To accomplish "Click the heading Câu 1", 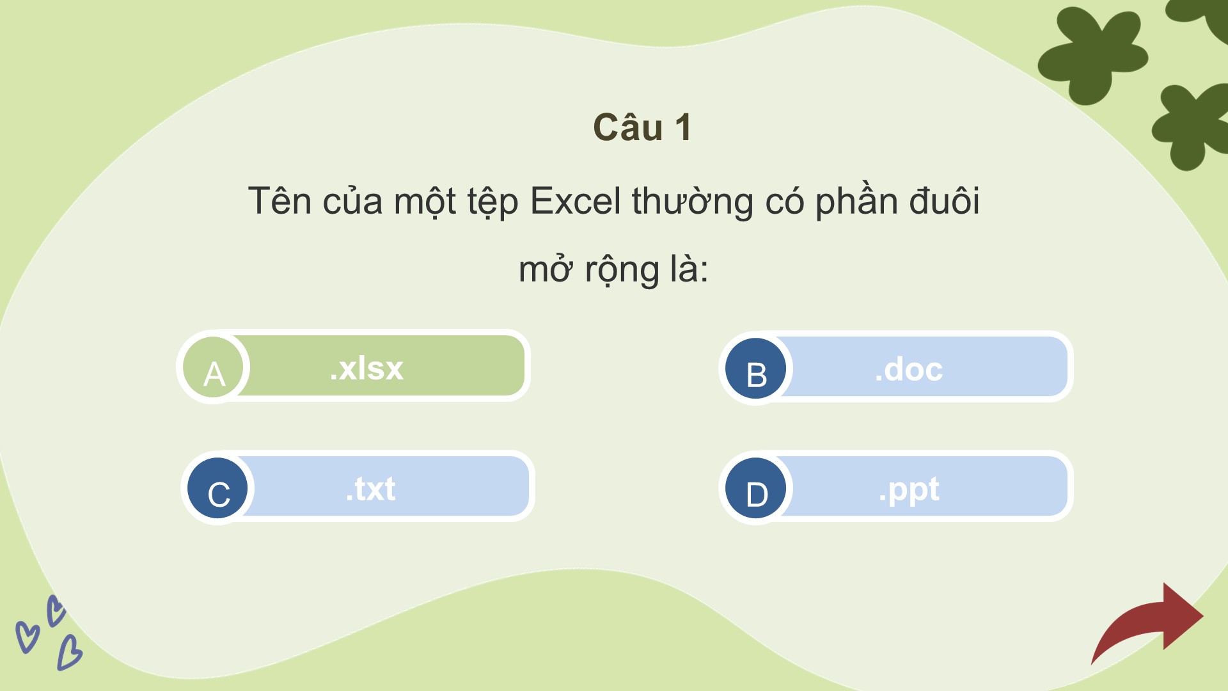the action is pos(642,127).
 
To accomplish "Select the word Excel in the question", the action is pos(576,201).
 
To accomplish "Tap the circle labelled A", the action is pos(214,368).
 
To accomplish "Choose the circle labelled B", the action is pos(756,369).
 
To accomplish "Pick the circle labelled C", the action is pos(217,488).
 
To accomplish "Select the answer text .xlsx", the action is pos(366,368).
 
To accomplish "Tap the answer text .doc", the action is pos(909,369).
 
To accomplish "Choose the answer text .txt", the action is pos(370,489).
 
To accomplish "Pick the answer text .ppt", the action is pos(909,491).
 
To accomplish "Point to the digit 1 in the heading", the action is pos(683,127).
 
